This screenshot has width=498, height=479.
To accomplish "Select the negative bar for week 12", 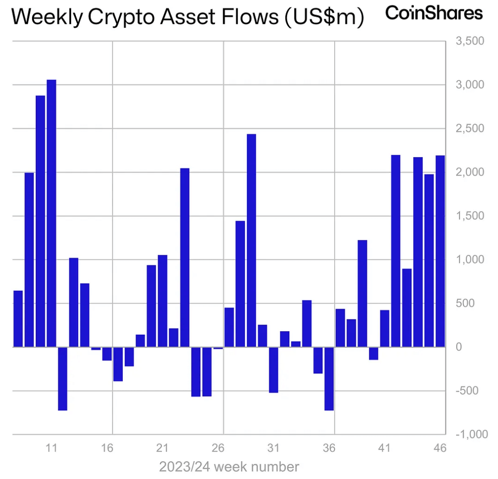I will coord(63,379).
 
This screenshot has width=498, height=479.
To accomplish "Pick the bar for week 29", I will coord(251,240).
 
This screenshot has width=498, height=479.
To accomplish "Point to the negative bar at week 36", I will coord(329,379).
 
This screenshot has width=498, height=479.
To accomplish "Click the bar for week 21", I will coord(162,301).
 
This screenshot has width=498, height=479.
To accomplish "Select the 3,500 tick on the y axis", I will coord(470,41).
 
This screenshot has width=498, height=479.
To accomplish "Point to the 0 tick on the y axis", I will coord(459,347).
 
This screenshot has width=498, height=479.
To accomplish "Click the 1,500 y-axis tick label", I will coord(470,216).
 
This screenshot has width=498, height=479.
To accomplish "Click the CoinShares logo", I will coord(434,13).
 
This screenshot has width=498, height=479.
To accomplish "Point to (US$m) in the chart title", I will coord(324,17).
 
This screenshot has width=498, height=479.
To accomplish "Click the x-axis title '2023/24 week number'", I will coord(229,467).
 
